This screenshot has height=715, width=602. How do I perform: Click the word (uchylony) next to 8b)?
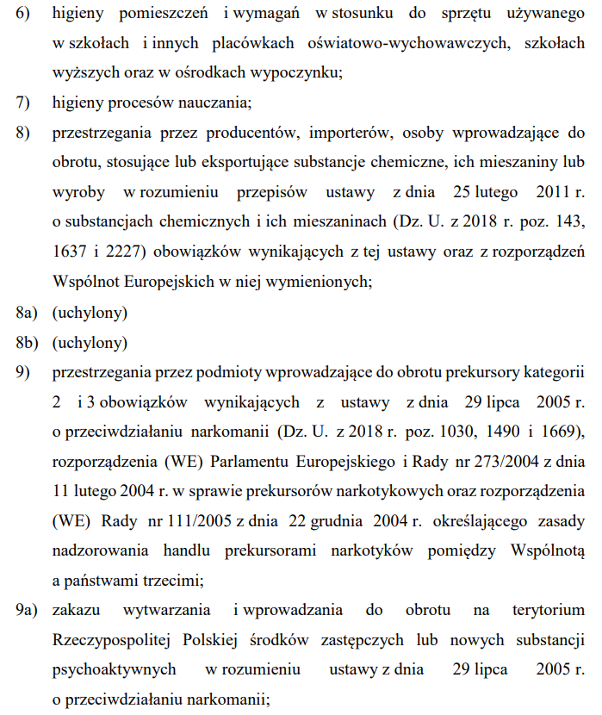(90, 342)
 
